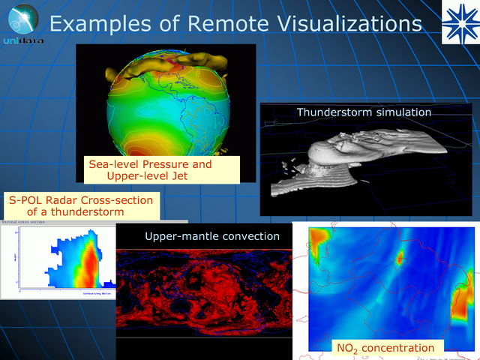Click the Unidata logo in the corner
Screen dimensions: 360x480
[20, 22]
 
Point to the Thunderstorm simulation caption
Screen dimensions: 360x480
[364, 112]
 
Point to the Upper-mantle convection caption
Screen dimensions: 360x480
[212, 236]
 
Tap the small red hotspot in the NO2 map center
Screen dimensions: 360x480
[400, 257]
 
